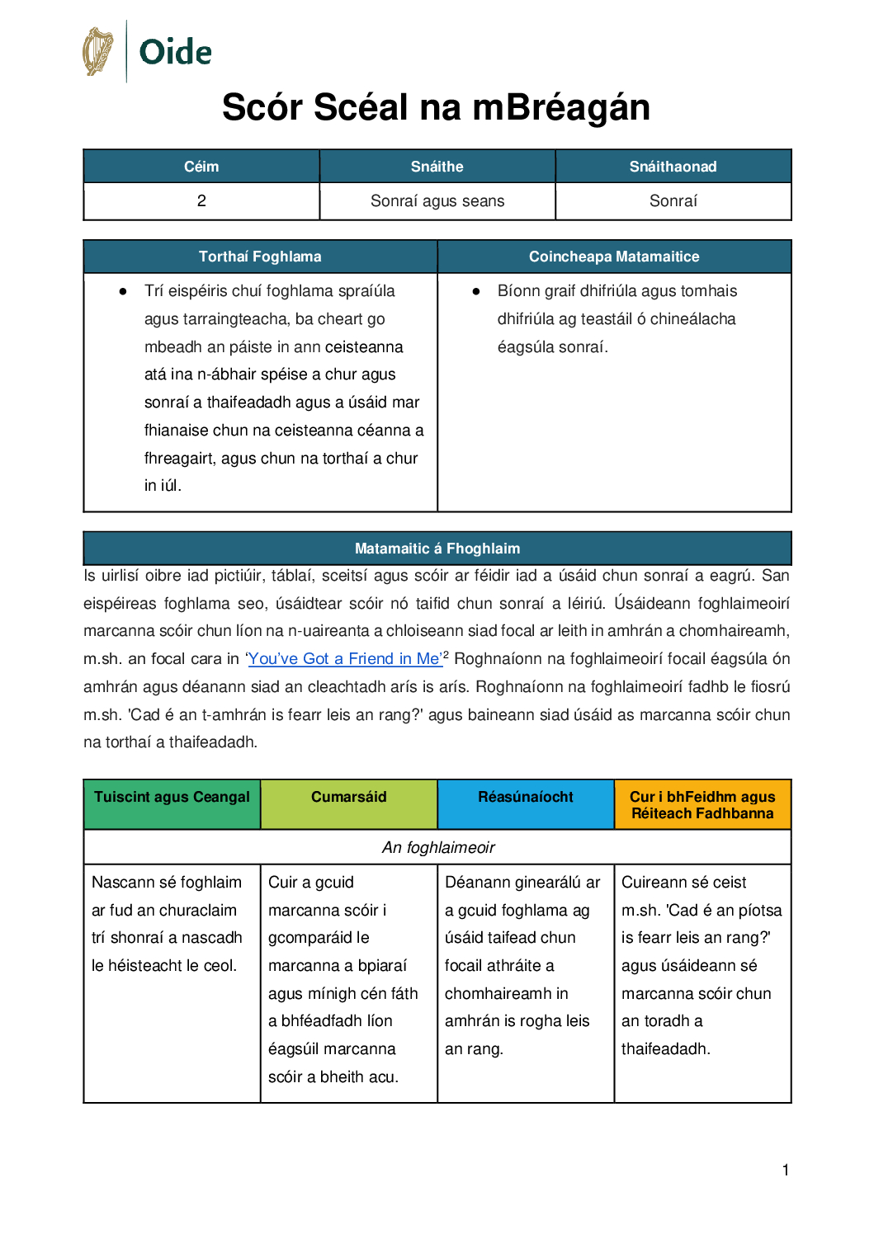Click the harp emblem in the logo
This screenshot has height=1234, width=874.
98,51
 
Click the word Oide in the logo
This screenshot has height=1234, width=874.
175,53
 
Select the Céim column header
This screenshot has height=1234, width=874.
201,167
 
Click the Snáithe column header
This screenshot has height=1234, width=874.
437,167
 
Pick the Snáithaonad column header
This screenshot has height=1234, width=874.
673,167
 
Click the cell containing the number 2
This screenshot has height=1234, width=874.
201,201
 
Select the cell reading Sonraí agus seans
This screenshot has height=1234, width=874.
437,201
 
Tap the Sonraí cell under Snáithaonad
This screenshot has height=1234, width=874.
673,201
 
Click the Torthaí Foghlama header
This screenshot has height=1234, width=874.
260,257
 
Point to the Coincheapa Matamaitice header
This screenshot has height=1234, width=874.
614,257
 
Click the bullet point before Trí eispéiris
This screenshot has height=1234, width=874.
123,291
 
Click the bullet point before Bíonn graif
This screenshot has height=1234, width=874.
476,291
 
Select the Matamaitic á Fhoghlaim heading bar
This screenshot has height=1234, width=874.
437,549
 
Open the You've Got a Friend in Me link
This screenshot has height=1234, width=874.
344,659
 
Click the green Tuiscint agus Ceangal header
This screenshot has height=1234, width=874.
172,798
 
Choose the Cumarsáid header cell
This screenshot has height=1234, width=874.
348,798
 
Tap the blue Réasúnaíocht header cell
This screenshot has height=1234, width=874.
525,798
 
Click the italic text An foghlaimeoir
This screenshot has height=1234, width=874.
437,848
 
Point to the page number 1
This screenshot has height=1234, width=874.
786,1170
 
